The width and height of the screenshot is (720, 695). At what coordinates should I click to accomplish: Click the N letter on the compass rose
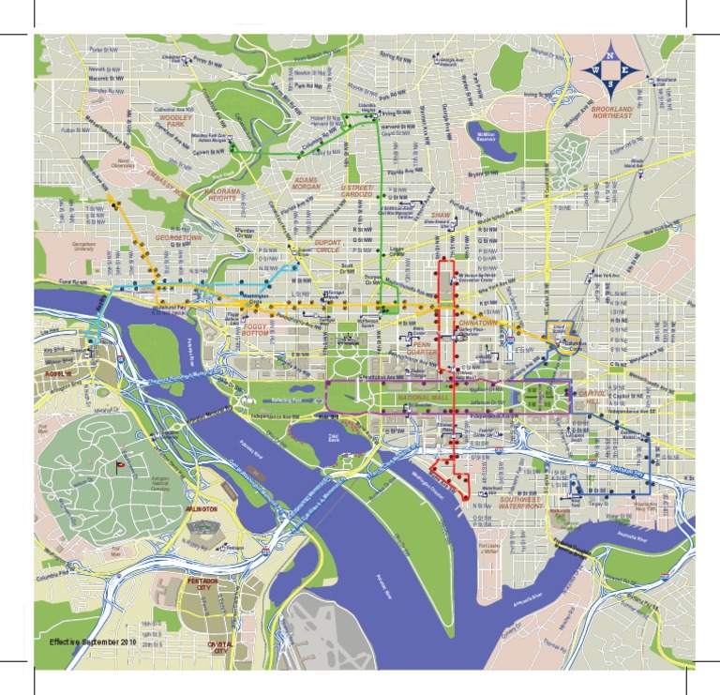pyautogui.click(x=609, y=55)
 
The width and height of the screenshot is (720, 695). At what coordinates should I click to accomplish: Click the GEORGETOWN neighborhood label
pyautogui.click(x=178, y=238)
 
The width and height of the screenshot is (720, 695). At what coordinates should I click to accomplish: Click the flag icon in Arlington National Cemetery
pyautogui.click(x=119, y=466)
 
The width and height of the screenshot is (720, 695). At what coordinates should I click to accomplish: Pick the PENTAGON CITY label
pyautogui.click(x=202, y=585)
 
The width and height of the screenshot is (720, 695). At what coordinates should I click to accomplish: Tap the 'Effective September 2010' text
pyautogui.click(x=94, y=641)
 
